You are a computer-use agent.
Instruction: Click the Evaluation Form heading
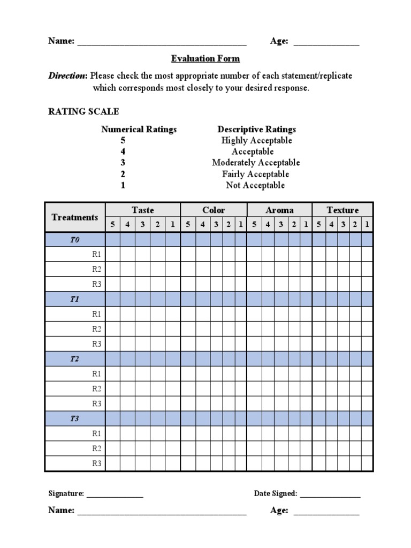click(x=205, y=59)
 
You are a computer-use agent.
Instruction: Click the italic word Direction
click(x=67, y=76)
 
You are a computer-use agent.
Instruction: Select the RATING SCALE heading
click(x=83, y=111)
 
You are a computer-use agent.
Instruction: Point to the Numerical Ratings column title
click(x=139, y=129)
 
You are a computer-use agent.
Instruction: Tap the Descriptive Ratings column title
click(x=256, y=129)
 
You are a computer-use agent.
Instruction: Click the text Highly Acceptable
click(x=256, y=140)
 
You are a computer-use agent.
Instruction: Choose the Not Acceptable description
click(x=255, y=185)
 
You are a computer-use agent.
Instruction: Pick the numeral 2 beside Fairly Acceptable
click(x=123, y=174)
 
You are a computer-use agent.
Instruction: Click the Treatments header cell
click(x=75, y=217)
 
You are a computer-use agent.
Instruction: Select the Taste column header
click(x=143, y=210)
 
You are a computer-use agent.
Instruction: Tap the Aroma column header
click(x=279, y=210)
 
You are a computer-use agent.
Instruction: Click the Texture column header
click(x=342, y=210)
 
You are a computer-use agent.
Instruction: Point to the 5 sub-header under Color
click(x=188, y=225)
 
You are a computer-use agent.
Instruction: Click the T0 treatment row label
click(x=75, y=240)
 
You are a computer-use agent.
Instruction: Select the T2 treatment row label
click(x=75, y=359)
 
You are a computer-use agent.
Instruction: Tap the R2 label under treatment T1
click(x=96, y=329)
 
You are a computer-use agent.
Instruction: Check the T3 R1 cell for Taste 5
click(x=112, y=433)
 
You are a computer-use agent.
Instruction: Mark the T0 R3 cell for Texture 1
click(x=367, y=284)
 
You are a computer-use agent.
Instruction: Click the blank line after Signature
click(x=115, y=494)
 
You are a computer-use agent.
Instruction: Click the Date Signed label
click(x=276, y=493)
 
